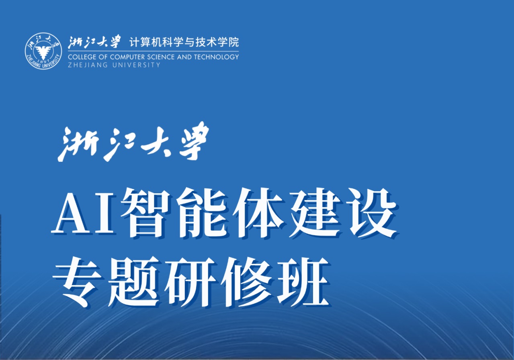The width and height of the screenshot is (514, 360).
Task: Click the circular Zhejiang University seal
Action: (x=43, y=51)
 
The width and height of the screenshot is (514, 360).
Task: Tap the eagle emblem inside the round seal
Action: (x=43, y=51)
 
